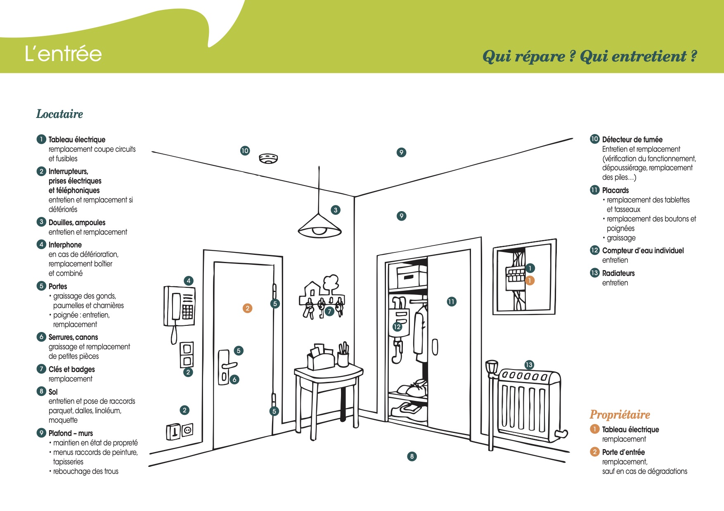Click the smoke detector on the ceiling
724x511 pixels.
coord(268,158)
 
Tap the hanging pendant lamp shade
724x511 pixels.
coord(319,226)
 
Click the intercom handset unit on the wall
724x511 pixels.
coord(180,305)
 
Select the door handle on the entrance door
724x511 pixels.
coord(230,365)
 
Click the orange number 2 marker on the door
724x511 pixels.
coord(247,308)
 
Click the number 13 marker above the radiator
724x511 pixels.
coord(529,365)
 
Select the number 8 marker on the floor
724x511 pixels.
coord(412,456)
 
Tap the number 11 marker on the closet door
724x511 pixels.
coord(451,301)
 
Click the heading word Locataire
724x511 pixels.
coord(59,114)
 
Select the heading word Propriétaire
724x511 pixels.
coord(620,414)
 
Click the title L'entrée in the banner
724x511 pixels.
coord(63,54)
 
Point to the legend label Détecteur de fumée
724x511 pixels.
coord(632,139)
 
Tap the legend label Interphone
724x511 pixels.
coord(65,245)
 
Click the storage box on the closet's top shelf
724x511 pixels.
coord(411,276)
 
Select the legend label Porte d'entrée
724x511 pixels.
coord(623,452)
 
